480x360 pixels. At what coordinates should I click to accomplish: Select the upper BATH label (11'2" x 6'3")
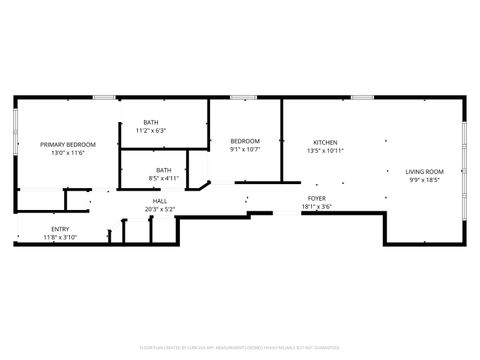150,122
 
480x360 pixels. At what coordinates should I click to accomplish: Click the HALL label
160,201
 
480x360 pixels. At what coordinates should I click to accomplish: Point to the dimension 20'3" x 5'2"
160,209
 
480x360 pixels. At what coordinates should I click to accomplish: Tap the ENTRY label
60,229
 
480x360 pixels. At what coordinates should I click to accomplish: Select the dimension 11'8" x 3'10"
60,238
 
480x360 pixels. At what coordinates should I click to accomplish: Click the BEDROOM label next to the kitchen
245,141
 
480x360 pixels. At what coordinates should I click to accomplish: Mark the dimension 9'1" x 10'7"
245,150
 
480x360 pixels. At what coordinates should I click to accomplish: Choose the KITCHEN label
326,142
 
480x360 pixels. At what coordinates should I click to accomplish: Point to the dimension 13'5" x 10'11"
326,151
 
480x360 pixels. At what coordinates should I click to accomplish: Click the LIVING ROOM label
424,171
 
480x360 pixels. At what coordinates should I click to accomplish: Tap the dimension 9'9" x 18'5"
424,180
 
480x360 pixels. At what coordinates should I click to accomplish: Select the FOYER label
317,199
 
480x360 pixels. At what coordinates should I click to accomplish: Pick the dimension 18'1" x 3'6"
317,208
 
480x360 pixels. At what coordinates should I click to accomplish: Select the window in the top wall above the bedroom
243,97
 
